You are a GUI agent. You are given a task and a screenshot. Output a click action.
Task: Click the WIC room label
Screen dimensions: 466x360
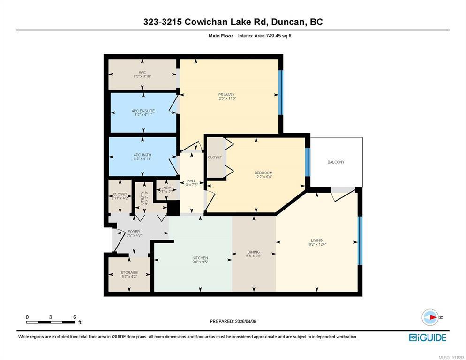[143, 73]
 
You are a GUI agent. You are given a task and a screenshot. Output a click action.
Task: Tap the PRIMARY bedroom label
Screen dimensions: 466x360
[226, 95]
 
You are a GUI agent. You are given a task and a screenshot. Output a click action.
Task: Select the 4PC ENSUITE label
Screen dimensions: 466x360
[143, 111]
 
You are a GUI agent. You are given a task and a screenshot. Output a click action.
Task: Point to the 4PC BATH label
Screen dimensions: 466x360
[143, 155]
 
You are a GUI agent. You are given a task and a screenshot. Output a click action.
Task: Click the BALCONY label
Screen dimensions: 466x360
[336, 162]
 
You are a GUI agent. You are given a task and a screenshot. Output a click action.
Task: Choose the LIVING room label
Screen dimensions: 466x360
[317, 240]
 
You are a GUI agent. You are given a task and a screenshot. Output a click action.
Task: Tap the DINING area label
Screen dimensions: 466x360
[254, 252]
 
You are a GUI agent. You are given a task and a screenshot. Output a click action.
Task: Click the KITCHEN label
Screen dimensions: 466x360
[200, 258]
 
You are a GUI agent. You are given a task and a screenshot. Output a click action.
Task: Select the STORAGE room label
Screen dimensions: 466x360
[129, 272]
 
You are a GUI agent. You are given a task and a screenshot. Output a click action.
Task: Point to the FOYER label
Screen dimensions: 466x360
[134, 231]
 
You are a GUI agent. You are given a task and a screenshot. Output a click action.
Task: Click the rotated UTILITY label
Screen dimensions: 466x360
[143, 198]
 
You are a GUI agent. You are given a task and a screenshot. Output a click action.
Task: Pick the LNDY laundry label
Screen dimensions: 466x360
[166, 188]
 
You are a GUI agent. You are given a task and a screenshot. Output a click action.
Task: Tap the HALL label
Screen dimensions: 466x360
[191, 181]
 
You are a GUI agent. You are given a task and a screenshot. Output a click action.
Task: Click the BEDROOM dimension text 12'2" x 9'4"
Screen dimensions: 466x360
[263, 177]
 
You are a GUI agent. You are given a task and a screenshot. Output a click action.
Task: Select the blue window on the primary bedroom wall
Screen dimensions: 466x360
[280, 92]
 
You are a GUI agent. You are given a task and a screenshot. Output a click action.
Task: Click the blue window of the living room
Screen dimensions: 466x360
[360, 240]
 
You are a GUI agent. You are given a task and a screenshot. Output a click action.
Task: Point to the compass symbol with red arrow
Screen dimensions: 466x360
[430, 317]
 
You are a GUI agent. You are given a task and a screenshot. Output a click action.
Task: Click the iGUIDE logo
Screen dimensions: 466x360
[428, 337]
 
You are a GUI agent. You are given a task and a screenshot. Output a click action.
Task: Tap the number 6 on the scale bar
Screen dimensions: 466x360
[75, 317]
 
